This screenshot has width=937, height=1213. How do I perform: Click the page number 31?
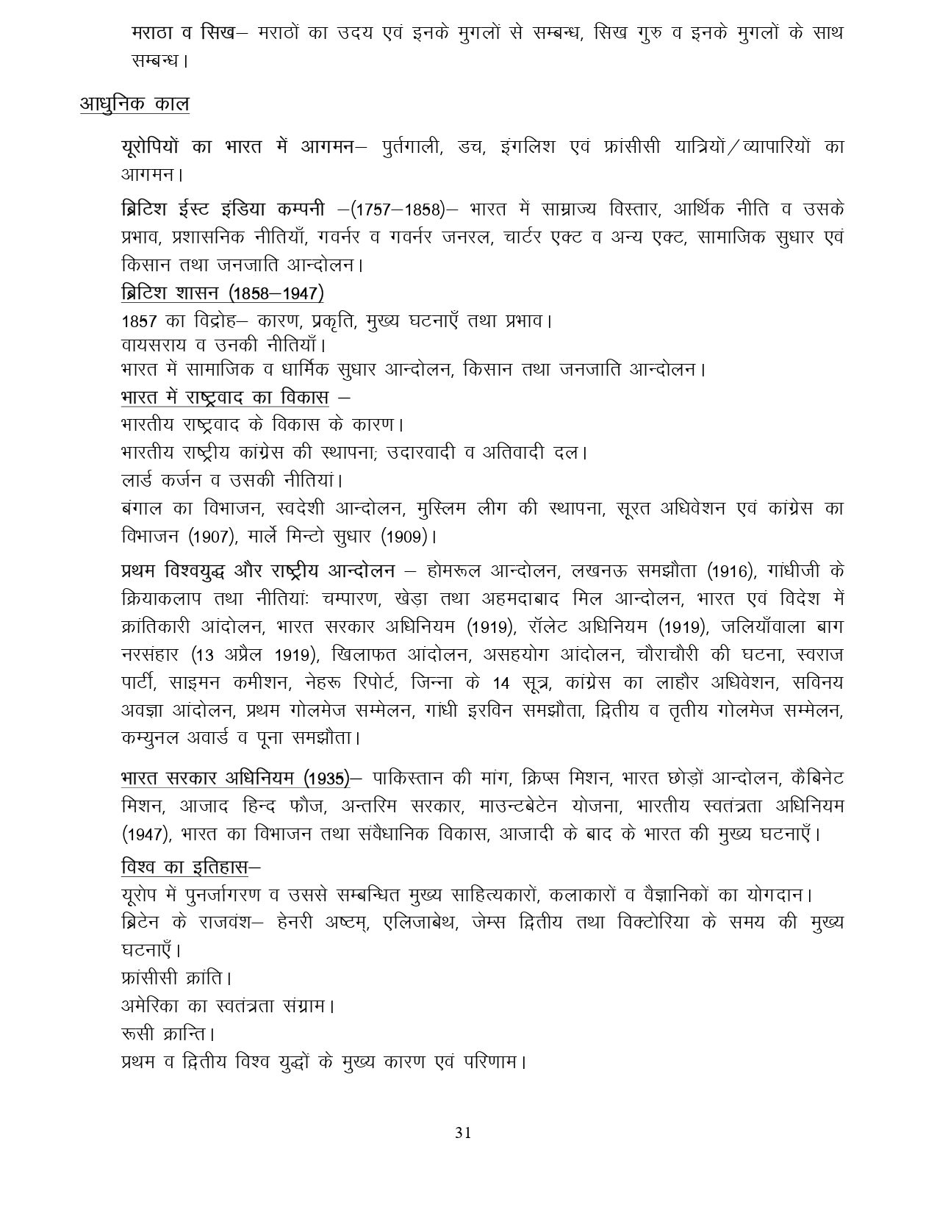[x=463, y=1132]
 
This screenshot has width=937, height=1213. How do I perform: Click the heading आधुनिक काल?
[x=134, y=104]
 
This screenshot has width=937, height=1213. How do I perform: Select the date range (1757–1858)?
[x=398, y=210]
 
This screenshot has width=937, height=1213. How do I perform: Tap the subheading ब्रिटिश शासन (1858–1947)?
[x=223, y=293]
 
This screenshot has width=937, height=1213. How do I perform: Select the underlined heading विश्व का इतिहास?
[x=184, y=867]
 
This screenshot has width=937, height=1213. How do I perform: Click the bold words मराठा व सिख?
[x=184, y=34]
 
